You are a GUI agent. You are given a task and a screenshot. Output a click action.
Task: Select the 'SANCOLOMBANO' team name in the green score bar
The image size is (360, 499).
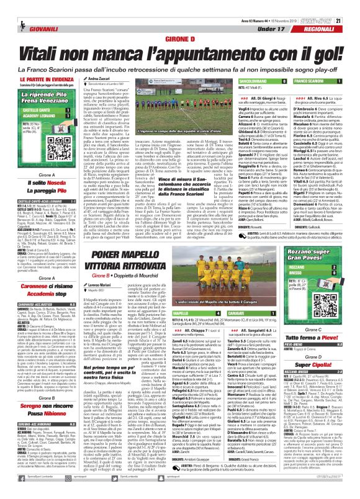252,81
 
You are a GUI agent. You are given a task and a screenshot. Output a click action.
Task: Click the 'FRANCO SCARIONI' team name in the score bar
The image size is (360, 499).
310,81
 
